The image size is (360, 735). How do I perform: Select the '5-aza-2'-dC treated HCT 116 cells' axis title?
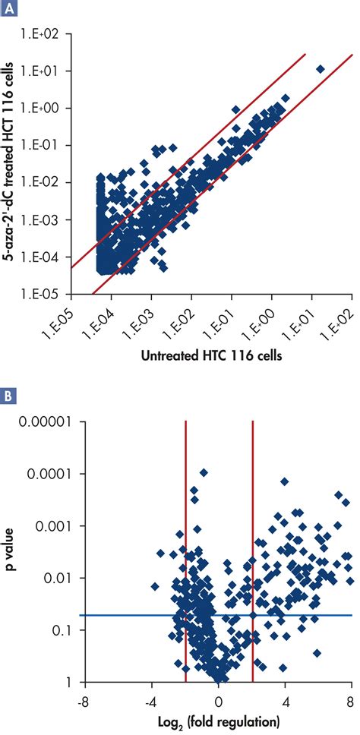click(13, 164)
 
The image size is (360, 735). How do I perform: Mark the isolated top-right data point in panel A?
click(321, 69)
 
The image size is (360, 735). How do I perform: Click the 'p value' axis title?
click(13, 551)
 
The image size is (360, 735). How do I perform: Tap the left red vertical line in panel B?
click(186, 532)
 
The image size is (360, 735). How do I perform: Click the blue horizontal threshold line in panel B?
click(114, 615)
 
